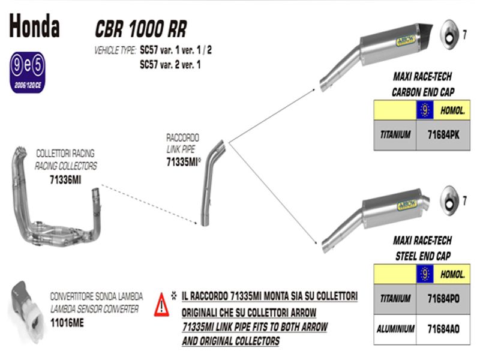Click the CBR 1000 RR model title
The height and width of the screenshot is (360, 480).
pos(141,29)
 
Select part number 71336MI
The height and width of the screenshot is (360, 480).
pos(64,181)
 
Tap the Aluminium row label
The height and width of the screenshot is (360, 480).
pos(395,329)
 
